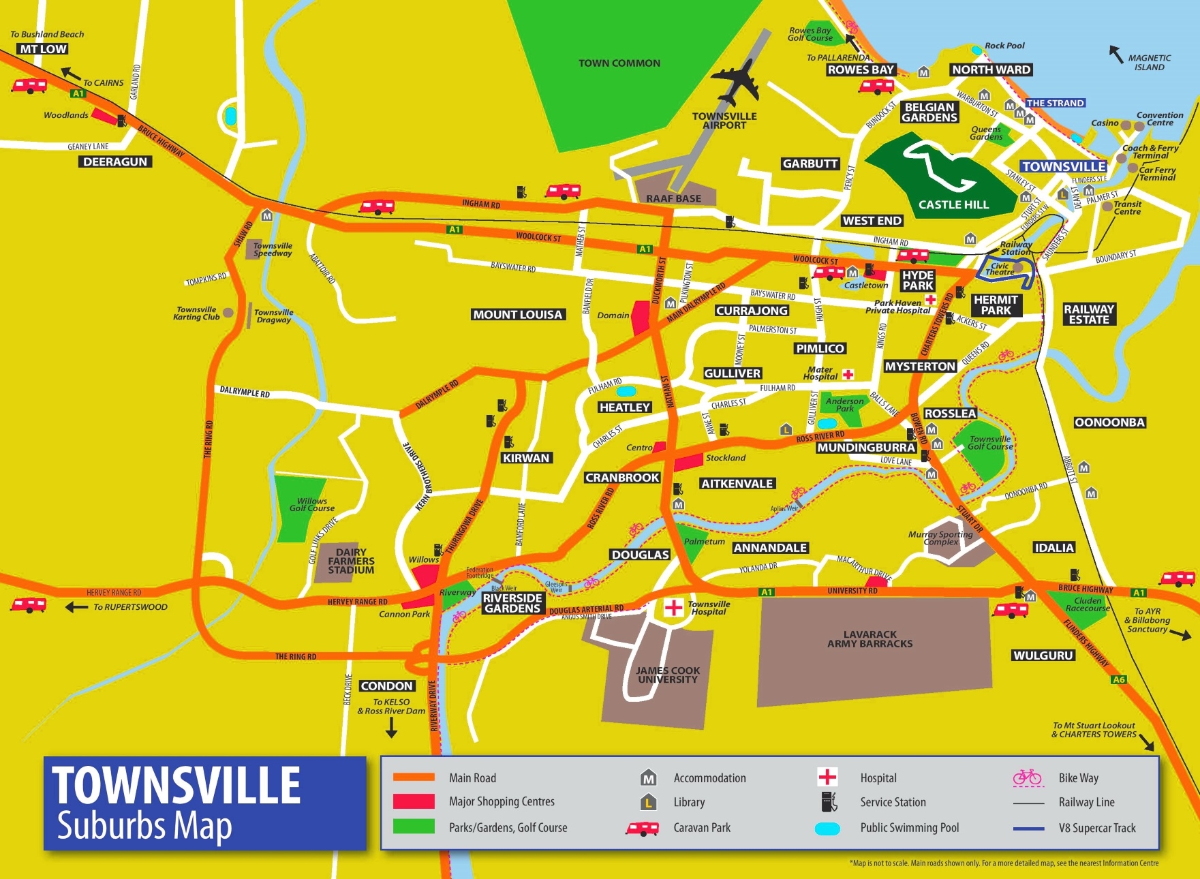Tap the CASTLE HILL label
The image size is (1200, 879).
[x=953, y=204]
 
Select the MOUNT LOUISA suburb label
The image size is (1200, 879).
[x=518, y=315]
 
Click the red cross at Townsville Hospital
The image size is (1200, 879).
[x=673, y=607]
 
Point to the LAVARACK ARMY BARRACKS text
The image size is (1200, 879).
[x=870, y=638]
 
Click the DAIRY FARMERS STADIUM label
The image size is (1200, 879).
[x=351, y=561]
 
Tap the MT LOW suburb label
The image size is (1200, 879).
[x=43, y=49]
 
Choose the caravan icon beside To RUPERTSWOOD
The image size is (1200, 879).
[x=29, y=605]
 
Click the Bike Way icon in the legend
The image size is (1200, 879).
[x=1027, y=777]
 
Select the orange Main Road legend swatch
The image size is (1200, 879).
[x=414, y=777]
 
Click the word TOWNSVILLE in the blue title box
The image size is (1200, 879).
[x=176, y=786]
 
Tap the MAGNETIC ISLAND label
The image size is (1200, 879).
[x=1149, y=63]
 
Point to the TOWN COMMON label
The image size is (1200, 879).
[x=619, y=63]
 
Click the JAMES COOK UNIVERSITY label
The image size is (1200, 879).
[x=667, y=675]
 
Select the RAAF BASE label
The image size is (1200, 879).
[x=673, y=198]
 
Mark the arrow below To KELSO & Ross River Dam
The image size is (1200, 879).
[x=391, y=728]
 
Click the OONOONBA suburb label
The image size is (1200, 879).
[x=1109, y=422]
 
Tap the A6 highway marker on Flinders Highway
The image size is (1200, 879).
[x=1119, y=679]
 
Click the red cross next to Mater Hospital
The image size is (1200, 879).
[x=848, y=374]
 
